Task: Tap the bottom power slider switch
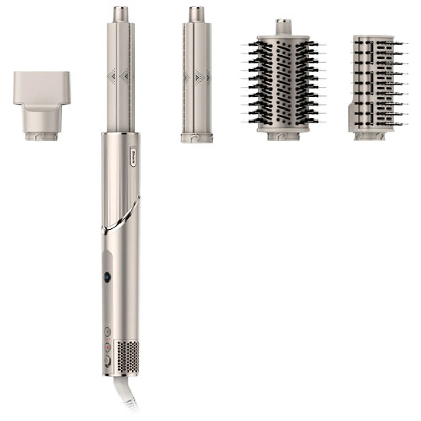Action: pyautogui.click(x=107, y=361)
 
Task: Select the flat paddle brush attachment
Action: pyautogui.click(x=374, y=84)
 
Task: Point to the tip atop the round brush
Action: pyautogui.click(x=283, y=24)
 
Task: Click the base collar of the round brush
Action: pyautogui.click(x=283, y=136)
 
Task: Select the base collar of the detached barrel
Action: pyautogui.click(x=196, y=137)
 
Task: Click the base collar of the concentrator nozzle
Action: pyautogui.click(x=42, y=137)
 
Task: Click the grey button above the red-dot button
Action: pyautogui.click(x=107, y=332)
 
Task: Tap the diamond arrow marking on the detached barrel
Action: pyautogui.click(x=199, y=77)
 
